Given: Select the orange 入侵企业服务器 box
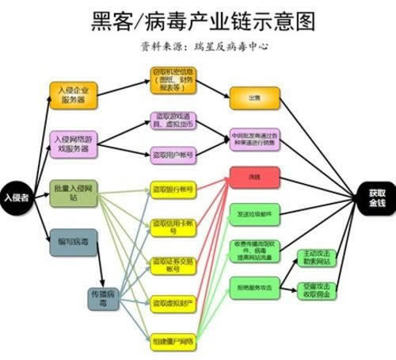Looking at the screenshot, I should [x=73, y=96].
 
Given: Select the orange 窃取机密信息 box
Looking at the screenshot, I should [x=174, y=79].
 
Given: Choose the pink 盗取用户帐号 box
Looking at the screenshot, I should [x=174, y=153].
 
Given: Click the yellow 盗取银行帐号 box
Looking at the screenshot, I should [x=174, y=190].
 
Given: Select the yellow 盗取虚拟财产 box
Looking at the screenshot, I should [x=174, y=302].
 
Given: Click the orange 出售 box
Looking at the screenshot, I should [x=253, y=98].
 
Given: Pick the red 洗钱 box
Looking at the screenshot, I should [x=253, y=176].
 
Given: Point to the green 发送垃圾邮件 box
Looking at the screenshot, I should [x=254, y=214].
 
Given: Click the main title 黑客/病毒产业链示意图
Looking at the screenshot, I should [x=198, y=19].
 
